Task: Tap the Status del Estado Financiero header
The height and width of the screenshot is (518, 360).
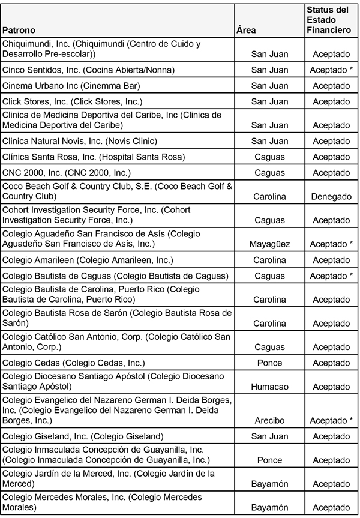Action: coord(328,19)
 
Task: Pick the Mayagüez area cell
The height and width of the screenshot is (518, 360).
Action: coord(269,244)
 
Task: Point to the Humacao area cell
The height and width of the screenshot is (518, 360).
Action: coord(269,387)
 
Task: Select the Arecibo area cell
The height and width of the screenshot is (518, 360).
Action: coord(269,420)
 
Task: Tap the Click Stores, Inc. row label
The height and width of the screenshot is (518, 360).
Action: coord(73,101)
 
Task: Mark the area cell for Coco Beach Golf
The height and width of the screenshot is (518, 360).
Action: coord(269,196)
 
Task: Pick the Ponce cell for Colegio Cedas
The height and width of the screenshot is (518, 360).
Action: coord(269,363)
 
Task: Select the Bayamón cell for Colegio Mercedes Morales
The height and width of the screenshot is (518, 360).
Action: coord(269,508)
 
